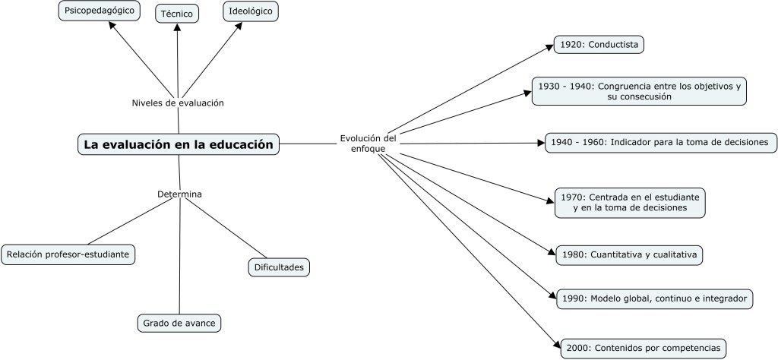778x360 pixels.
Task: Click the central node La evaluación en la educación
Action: click(178, 144)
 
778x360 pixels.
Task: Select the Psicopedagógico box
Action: click(99, 12)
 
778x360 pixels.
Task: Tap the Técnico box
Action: click(176, 13)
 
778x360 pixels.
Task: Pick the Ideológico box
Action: click(251, 12)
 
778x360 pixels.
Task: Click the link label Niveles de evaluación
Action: click(178, 103)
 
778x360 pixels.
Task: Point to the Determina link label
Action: click(179, 194)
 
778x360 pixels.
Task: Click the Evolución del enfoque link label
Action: click(368, 144)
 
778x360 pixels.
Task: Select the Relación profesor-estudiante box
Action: click(68, 254)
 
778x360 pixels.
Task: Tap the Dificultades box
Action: click(280, 267)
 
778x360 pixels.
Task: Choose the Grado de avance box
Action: click(179, 323)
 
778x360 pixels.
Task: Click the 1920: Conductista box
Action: click(599, 45)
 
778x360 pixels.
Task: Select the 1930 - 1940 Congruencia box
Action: click(637, 90)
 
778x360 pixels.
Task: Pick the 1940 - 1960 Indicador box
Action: click(660, 142)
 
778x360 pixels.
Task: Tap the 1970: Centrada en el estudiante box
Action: click(628, 201)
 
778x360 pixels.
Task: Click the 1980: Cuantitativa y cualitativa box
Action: click(627, 254)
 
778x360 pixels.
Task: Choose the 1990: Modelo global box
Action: click(653, 298)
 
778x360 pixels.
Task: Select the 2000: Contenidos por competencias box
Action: click(642, 348)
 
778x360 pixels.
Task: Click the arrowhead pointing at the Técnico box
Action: click(177, 27)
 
